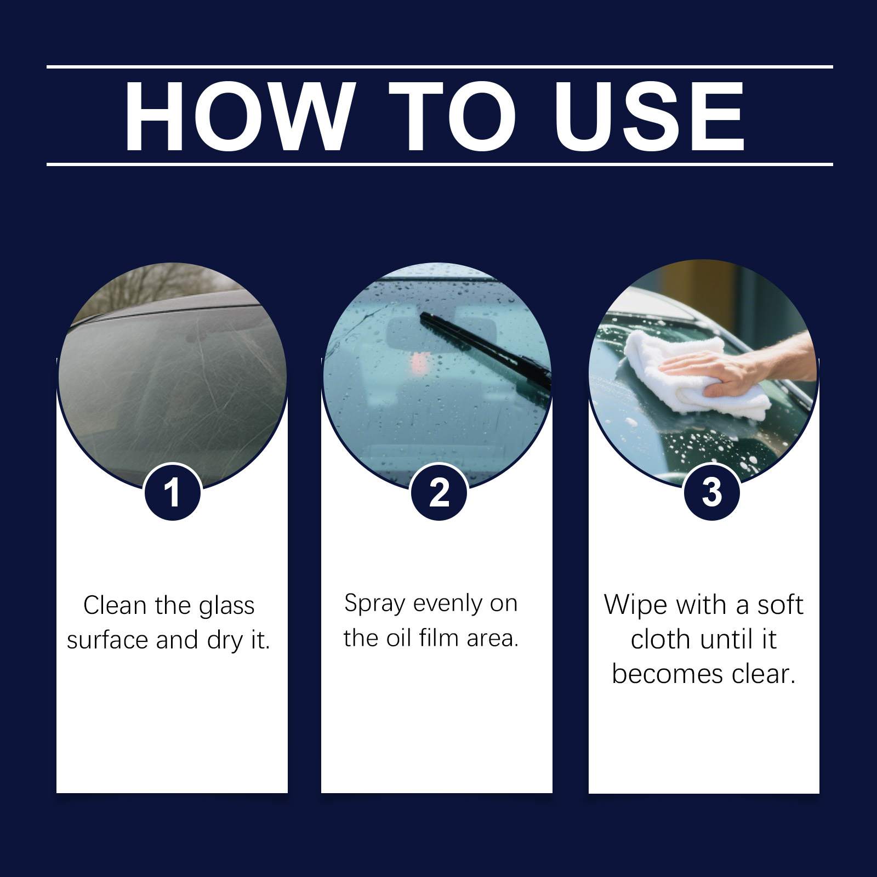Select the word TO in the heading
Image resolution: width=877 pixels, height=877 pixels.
click(453, 117)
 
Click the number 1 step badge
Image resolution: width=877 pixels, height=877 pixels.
click(172, 492)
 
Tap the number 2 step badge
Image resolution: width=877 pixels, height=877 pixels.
click(438, 492)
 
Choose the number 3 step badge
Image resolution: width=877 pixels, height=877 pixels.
click(711, 492)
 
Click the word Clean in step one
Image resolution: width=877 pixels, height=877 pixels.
click(116, 606)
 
